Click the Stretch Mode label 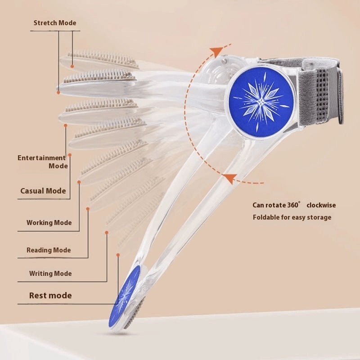point(55,23)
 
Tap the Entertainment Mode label point(42,162)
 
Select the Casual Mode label point(43,191)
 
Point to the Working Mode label point(49,223)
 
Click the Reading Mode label point(49,250)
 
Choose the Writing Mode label point(50,274)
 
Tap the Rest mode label point(50,296)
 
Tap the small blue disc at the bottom point(124,296)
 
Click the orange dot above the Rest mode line point(118,255)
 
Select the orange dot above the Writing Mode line point(107,233)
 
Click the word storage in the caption point(319,217)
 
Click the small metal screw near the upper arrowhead point(224,59)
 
